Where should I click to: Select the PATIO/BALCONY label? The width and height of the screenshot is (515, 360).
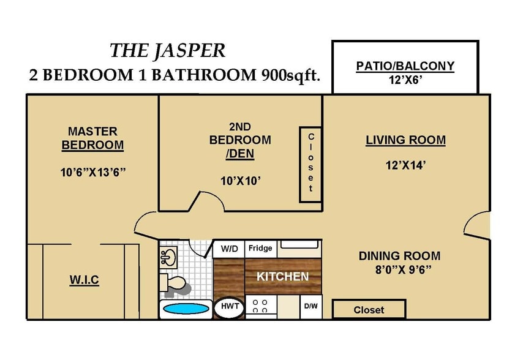tap(405, 66)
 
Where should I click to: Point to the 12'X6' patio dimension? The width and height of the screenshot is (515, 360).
tap(405, 80)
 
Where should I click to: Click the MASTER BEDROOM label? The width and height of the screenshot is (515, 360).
tap(92, 138)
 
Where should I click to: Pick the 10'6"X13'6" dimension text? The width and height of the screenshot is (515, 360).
tap(92, 172)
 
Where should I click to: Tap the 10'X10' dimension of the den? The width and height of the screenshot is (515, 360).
tap(240, 180)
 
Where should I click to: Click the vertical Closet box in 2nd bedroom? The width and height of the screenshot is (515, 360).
tap(310, 164)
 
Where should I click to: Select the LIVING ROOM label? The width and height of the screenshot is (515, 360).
tap(405, 140)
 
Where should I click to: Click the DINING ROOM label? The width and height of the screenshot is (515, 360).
tap(399, 256)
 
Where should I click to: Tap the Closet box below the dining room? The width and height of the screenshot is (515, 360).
tap(369, 310)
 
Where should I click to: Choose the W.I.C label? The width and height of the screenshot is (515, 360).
tap(83, 280)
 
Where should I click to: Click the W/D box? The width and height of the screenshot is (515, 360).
tap(230, 249)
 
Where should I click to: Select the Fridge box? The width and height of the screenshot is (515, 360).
tap(260, 249)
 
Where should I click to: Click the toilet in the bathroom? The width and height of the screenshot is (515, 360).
tap(175, 283)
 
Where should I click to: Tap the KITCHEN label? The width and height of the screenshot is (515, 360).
tap(282, 277)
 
